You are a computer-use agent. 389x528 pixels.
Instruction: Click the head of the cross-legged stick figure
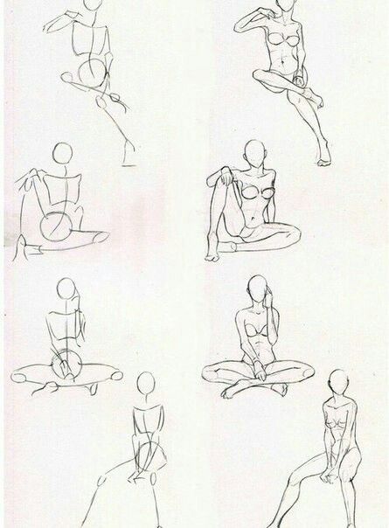tap(66, 290)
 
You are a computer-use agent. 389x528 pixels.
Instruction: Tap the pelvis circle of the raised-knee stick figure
tap(58, 226)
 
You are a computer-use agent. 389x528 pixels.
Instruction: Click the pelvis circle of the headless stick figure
tap(89, 73)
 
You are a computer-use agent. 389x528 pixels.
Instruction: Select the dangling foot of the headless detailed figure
tap(325, 157)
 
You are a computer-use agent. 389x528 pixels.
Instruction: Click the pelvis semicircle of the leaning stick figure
tap(150, 455)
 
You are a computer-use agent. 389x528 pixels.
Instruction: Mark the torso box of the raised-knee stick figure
tap(59, 192)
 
